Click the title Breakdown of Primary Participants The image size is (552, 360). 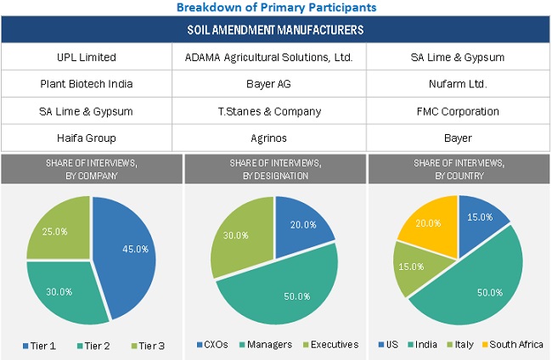pyautogui.click(x=276, y=7)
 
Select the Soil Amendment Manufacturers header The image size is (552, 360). pyautogui.click(x=276, y=31)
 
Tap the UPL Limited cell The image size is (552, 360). pyautogui.click(x=93, y=58)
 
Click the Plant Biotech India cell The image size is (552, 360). pyautogui.click(x=93, y=84)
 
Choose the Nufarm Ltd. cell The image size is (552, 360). pyautogui.click(x=459, y=84)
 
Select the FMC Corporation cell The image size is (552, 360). pyautogui.click(x=459, y=110)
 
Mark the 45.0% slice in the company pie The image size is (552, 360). pyautogui.click(x=127, y=250)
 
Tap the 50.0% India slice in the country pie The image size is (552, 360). pyautogui.click(x=471, y=289)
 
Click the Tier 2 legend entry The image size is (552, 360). pyautogui.click(x=96, y=345)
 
